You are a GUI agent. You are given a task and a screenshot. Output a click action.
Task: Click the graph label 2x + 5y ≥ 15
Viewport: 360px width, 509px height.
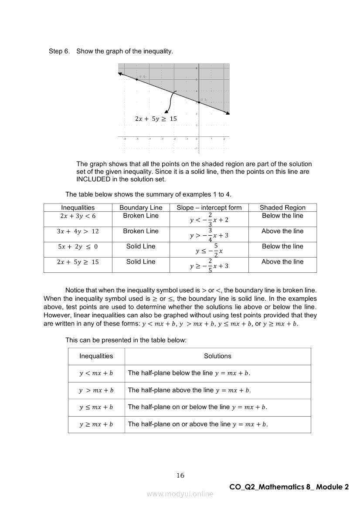tap(156, 119)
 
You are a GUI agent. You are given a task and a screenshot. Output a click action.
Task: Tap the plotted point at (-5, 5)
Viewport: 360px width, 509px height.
tap(136, 79)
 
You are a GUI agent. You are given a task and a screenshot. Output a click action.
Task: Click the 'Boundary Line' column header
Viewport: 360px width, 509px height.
tap(140, 207)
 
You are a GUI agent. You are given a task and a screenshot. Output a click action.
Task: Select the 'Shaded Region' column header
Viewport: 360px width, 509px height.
tap(282, 207)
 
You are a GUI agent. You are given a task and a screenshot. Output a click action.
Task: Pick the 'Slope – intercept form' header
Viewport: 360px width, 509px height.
tap(209, 207)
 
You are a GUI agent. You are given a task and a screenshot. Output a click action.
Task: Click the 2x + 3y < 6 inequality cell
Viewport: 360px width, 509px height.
tap(78, 216)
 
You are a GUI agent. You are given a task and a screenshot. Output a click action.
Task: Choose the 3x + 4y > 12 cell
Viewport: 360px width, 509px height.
tap(78, 231)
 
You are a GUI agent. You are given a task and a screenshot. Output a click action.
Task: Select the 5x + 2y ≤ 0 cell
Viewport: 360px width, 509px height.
tap(78, 247)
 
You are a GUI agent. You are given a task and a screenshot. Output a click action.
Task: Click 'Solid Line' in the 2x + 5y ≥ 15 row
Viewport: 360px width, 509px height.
tap(140, 262)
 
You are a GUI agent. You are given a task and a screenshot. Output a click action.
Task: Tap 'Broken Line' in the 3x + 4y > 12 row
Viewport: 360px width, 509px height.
tap(140, 231)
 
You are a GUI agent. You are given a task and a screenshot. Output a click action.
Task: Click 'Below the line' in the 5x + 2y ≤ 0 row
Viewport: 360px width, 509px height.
tap(282, 247)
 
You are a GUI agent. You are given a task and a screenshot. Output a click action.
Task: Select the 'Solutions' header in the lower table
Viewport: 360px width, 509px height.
tap(217, 356)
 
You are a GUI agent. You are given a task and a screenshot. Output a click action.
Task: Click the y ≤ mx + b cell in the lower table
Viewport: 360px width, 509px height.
tap(96, 407)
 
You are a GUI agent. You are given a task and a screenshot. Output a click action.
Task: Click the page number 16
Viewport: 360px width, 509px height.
tap(180, 475)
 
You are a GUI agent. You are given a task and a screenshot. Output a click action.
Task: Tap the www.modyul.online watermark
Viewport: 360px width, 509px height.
tap(180, 494)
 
